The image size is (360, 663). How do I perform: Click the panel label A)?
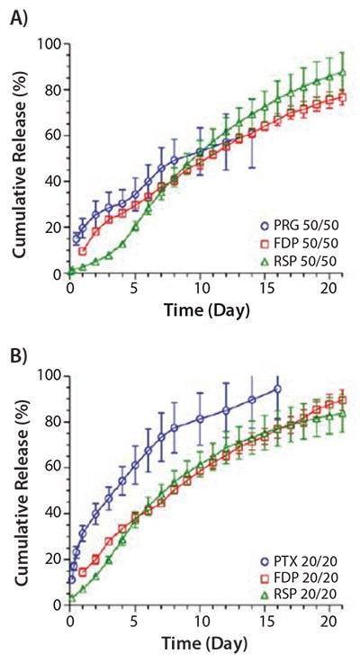pos(22,13)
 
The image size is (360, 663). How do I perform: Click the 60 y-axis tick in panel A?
pos(54,136)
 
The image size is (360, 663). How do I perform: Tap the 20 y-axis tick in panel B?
pos(54,559)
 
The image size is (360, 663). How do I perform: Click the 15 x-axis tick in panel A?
pos(265,288)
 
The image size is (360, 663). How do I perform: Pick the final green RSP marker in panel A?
pos(342,73)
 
